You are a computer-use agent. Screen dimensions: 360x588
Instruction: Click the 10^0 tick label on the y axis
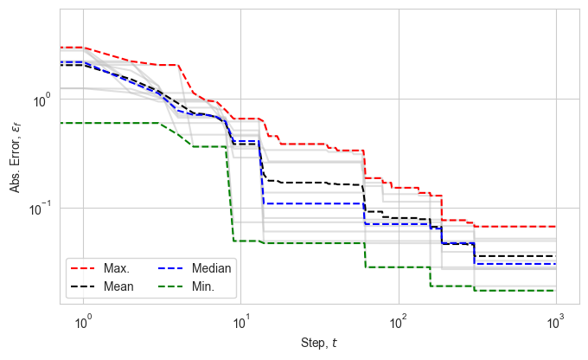tap(42, 100)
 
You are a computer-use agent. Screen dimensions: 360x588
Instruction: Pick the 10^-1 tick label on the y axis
tap(40, 209)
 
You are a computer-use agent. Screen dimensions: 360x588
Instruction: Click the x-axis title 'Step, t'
tap(320, 345)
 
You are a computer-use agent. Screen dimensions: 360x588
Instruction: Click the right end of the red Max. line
tap(556, 227)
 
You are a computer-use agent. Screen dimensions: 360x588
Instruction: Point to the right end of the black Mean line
tap(556, 256)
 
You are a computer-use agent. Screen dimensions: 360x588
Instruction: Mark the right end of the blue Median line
tap(556, 264)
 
